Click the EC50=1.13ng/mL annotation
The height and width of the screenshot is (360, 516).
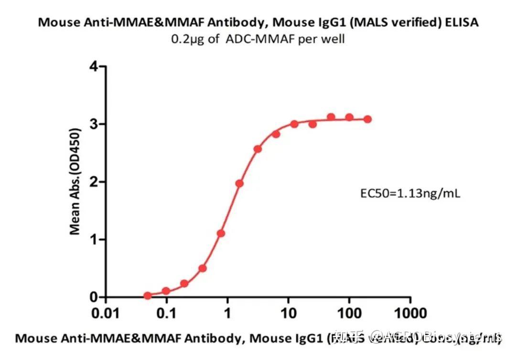click(410, 194)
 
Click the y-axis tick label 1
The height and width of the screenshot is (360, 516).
click(95, 240)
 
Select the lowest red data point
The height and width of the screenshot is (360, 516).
click(148, 296)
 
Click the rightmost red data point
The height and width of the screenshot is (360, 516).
click(367, 119)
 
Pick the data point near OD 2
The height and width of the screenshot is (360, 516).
click(239, 183)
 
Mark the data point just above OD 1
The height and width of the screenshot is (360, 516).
click(221, 233)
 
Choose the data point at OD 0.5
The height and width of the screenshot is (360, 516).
click(203, 268)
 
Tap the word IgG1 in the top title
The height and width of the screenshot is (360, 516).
click(322, 22)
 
